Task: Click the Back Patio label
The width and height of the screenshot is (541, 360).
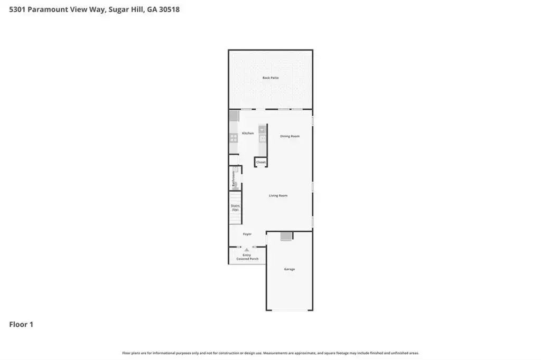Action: pos(270,78)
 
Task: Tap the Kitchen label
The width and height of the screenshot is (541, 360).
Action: pos(248,133)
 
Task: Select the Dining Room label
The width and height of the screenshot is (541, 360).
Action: pos(290,136)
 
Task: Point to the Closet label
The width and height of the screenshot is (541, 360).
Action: pos(261,162)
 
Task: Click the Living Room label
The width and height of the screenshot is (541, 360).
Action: pos(278,195)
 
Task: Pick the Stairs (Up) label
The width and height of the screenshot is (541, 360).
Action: pos(235,207)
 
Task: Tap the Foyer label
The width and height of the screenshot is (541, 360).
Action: pos(247,234)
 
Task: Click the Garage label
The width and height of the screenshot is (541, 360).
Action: pos(290,269)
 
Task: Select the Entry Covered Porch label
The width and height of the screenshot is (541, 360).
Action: pos(247,257)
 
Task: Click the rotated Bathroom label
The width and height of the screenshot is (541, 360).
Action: pos(234,178)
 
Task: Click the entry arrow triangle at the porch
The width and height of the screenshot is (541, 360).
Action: pos(246,250)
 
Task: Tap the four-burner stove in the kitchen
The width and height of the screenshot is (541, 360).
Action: pos(234,138)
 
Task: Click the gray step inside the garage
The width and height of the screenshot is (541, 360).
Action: pos(286,236)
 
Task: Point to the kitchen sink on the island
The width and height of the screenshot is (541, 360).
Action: pos(262,130)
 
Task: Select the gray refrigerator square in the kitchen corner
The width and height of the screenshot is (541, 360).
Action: pos(234,116)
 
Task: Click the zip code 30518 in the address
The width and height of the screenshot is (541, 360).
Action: pos(169,10)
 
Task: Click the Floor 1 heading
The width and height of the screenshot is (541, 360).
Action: pos(21,325)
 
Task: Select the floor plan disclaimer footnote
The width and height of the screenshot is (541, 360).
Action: pos(270,353)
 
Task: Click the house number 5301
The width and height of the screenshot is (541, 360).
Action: pos(17,10)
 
